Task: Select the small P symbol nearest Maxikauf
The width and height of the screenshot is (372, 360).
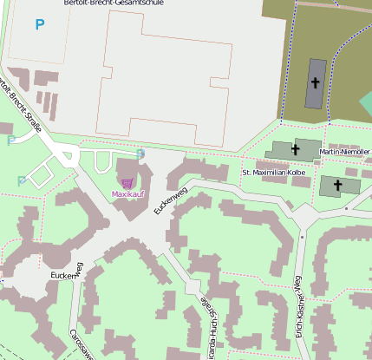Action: (x=141, y=154)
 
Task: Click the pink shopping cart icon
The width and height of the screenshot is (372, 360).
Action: (x=127, y=183)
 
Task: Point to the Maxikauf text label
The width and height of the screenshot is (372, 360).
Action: (x=127, y=194)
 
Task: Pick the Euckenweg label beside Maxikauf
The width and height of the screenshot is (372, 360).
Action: (x=171, y=201)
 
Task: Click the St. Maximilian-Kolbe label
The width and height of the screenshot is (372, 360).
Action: (x=274, y=173)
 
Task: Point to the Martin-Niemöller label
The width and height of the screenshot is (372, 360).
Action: (x=345, y=152)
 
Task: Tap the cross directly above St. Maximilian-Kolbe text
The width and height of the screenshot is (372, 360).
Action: (x=295, y=149)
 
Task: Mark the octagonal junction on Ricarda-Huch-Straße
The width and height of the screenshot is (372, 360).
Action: (x=195, y=290)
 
